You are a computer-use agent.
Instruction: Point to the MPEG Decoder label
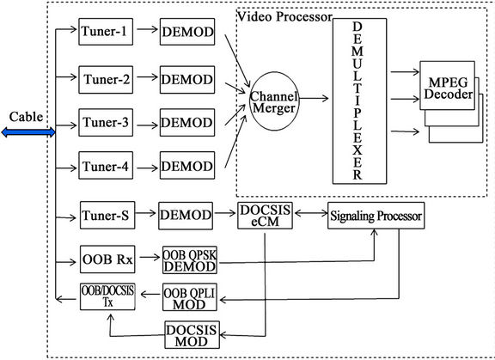click(441, 86)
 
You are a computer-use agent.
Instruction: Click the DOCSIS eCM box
click(265, 215)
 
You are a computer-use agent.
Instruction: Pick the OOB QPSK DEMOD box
click(191, 259)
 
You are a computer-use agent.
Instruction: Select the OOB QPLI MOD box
click(191, 297)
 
